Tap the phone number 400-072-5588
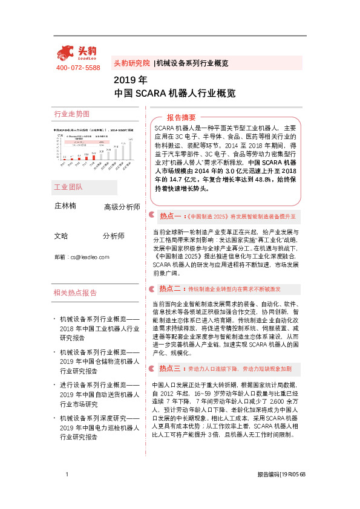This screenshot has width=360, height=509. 78,68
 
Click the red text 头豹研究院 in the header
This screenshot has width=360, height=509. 132,63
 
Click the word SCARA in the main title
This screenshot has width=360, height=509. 147,94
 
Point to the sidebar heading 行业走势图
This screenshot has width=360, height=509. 72,114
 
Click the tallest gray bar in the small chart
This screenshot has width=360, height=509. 130,151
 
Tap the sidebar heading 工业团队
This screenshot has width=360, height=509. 68,187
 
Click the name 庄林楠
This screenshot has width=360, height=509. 65,206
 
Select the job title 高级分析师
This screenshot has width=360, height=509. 122,207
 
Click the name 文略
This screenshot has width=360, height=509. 61,236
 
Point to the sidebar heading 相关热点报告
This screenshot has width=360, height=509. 75,293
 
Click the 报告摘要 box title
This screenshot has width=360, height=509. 182,117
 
